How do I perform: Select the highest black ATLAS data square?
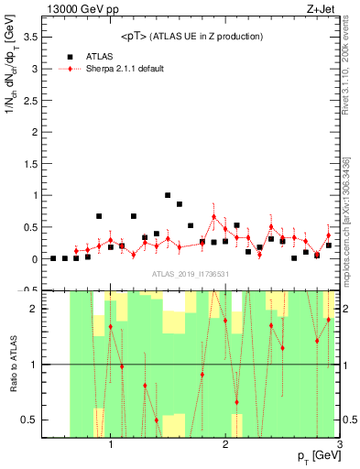[168, 195]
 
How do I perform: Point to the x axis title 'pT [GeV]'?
[316, 455]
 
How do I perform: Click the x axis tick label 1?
[111, 445]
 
